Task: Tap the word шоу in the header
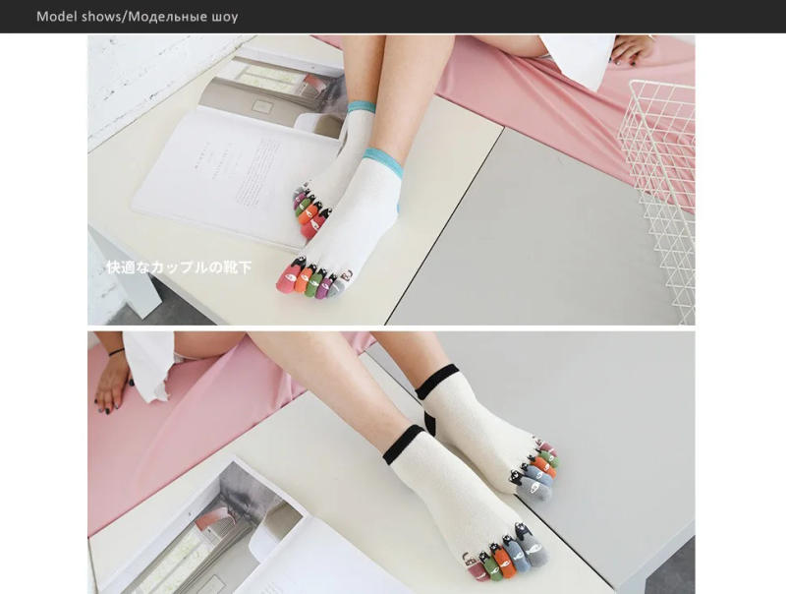pyautogui.click(x=222, y=17)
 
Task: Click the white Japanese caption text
pyautogui.click(x=179, y=267)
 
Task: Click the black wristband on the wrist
pyautogui.click(x=116, y=351)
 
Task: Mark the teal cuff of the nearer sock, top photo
pyautogui.click(x=383, y=155)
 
